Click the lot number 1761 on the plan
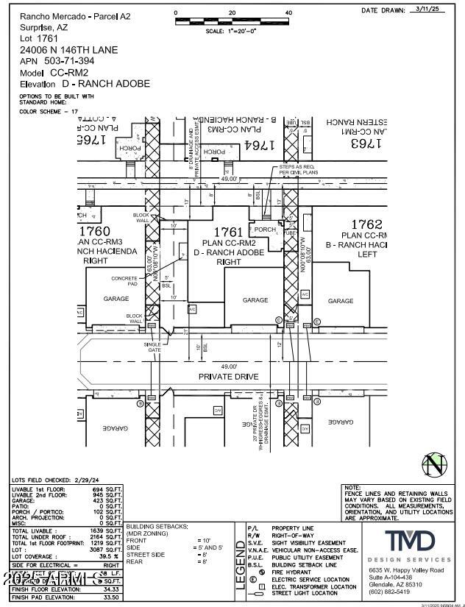click(x=224, y=232)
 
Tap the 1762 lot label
click(x=366, y=224)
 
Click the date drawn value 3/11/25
click(x=427, y=10)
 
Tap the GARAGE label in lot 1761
click(x=255, y=300)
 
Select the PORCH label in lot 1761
click(x=265, y=230)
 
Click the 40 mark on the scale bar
click(x=288, y=13)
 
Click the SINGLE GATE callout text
click(x=152, y=347)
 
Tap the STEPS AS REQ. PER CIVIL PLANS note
click(x=295, y=171)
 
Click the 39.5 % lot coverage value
click(x=108, y=556)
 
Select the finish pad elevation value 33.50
click(x=111, y=597)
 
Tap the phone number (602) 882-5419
click(x=389, y=591)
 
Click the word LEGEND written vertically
click(x=239, y=566)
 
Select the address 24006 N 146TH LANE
click(x=68, y=50)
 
